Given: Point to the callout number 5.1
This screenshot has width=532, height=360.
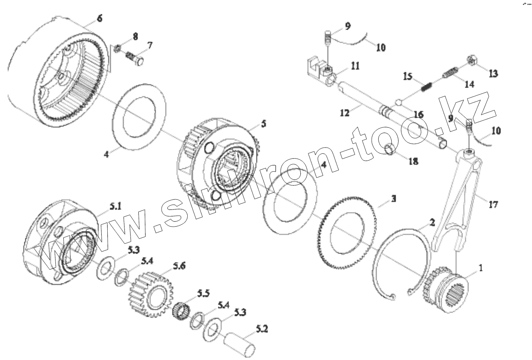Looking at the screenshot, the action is (x=115, y=207).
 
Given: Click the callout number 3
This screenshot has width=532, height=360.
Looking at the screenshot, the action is (x=393, y=199).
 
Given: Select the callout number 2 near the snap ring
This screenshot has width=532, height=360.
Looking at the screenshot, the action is (x=432, y=223).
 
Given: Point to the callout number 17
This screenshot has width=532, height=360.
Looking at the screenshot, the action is (x=493, y=204).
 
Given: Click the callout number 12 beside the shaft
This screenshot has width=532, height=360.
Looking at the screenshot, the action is (x=346, y=113).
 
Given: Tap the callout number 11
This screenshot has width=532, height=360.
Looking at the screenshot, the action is (x=355, y=65).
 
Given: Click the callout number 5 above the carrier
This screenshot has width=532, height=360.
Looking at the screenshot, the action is (x=264, y=124).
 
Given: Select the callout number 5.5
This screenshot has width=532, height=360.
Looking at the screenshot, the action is (x=203, y=293).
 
